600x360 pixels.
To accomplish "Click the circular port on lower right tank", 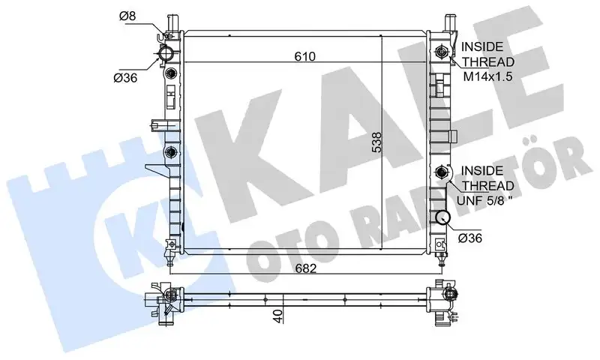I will [442, 218].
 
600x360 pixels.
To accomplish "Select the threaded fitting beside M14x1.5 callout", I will [442, 53].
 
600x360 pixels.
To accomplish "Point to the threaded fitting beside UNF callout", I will [442, 172].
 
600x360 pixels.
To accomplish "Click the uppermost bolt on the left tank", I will [172, 73].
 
